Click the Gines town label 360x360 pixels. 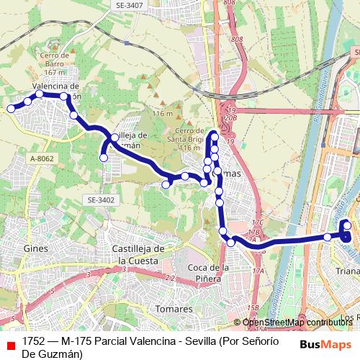point(35,248)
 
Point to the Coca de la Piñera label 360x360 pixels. point(208,274)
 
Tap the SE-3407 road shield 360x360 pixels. point(129,5)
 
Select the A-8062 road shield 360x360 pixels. point(42,158)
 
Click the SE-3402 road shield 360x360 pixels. point(101,199)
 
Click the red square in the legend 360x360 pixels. point(10,345)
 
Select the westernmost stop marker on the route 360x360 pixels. point(11,109)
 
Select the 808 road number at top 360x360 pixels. point(230,3)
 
